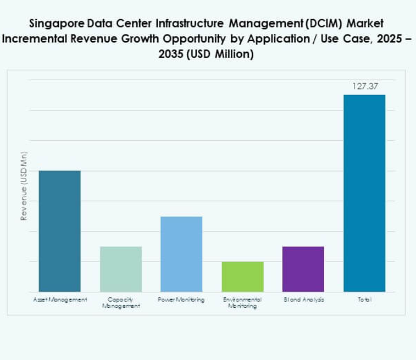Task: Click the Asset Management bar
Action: click(59, 231)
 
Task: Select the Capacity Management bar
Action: click(120, 269)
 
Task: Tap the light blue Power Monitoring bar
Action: click(181, 254)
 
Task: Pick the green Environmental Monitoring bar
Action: click(242, 276)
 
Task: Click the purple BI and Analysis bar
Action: click(303, 269)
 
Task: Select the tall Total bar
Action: click(364, 193)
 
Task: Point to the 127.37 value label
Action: click(364, 86)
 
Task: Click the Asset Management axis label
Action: click(59, 300)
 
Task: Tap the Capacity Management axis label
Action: click(120, 303)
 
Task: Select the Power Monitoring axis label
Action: click(181, 300)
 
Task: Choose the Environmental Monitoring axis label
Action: click(242, 303)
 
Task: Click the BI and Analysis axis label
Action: click(303, 300)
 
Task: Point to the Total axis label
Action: click(364, 300)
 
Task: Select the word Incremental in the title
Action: click(35, 39)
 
